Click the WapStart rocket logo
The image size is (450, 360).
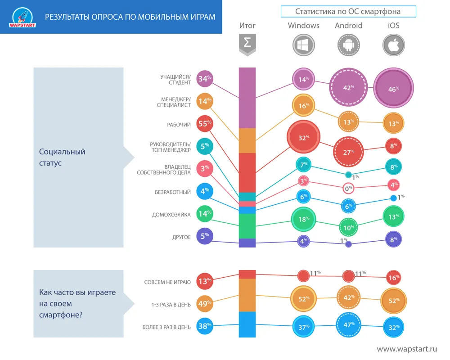[x=22, y=17]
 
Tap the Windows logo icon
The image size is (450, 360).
[x=304, y=45]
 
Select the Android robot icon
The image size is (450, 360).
[x=349, y=45]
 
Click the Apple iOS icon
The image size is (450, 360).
[x=394, y=45]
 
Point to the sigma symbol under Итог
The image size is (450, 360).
[x=247, y=44]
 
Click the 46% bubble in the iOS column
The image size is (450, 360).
[x=393, y=89]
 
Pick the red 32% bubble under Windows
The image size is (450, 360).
[x=303, y=138]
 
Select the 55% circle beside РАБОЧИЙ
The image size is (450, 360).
[x=205, y=124]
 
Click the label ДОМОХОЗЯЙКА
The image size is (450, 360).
[x=171, y=215]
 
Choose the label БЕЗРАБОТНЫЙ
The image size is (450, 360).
[x=173, y=192]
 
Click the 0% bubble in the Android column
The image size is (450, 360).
[x=348, y=189]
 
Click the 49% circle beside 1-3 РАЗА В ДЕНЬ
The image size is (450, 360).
[x=205, y=304]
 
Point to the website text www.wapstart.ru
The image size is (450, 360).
[x=407, y=349]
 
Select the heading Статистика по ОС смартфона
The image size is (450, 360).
[x=348, y=11]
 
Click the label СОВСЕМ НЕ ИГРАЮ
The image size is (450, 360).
[x=167, y=282]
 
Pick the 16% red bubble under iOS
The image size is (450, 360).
[x=394, y=278]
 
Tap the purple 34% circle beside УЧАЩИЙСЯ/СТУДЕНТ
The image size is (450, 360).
[x=205, y=79]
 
